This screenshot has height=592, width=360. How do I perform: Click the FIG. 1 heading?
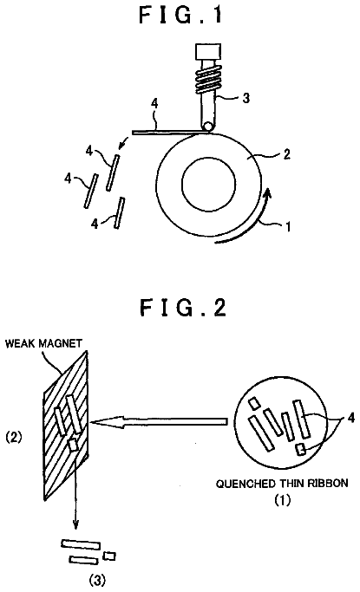point(181,16)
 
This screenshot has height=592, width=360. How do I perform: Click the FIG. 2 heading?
point(183,308)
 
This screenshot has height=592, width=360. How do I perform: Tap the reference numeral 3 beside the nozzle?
point(245,98)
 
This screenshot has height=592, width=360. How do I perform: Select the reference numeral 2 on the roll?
point(287,154)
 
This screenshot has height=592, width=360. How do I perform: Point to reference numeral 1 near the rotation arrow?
point(288,227)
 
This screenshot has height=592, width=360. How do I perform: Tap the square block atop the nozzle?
point(208,51)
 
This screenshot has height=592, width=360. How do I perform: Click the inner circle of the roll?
point(209,184)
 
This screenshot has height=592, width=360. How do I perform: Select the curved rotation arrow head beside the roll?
point(267,194)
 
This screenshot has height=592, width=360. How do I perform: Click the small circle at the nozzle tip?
point(207,127)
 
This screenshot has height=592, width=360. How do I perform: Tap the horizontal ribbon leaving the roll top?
point(168,132)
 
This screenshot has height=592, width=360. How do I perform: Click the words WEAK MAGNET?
point(43,343)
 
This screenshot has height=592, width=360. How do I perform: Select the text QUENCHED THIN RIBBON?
point(282,484)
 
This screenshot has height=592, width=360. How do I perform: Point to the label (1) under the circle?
point(282,500)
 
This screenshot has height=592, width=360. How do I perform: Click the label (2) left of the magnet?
point(14,437)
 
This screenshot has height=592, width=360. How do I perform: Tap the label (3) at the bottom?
point(97,580)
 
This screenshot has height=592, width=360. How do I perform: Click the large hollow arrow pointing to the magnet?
point(159,421)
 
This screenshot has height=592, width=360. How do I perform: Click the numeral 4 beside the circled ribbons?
point(350,418)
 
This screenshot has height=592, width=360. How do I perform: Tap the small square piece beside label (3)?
point(109,556)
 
